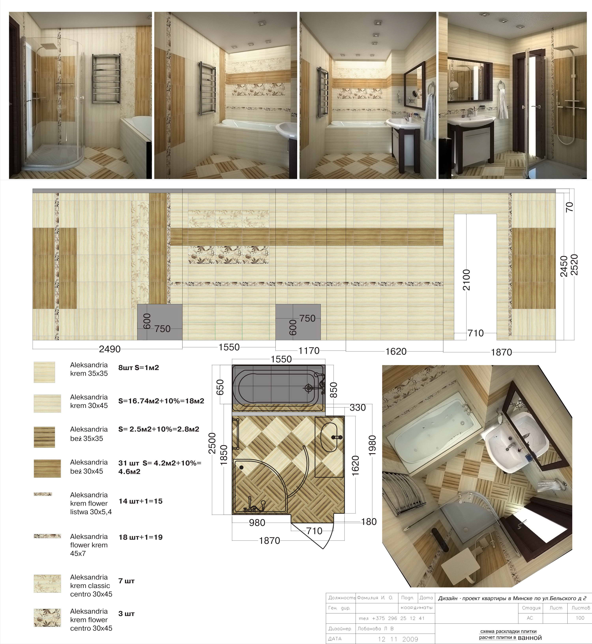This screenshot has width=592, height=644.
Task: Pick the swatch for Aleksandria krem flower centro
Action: (47, 618)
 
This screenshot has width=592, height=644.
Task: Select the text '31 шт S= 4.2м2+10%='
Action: (160, 463)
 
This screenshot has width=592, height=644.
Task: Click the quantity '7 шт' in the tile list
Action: (126, 581)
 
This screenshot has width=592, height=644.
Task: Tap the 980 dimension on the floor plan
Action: (257, 523)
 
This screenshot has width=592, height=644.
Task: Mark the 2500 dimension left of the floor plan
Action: (212, 443)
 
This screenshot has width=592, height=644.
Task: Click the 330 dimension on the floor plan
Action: (358, 408)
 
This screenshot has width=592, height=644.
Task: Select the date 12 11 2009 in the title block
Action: (398, 639)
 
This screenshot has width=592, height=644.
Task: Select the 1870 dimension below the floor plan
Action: (270, 541)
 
